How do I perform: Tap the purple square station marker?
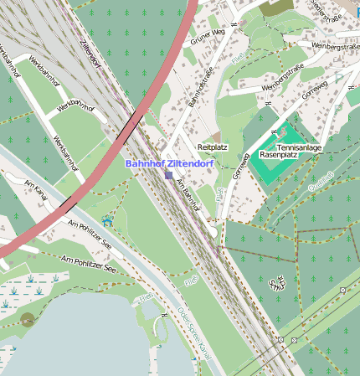(168, 176)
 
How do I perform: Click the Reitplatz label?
(212, 147)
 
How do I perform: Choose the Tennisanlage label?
(298, 147)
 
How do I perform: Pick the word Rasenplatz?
(280, 155)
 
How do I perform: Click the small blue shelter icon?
(106, 221)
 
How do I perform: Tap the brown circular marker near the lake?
(28, 319)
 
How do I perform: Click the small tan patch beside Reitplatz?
(216, 136)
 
